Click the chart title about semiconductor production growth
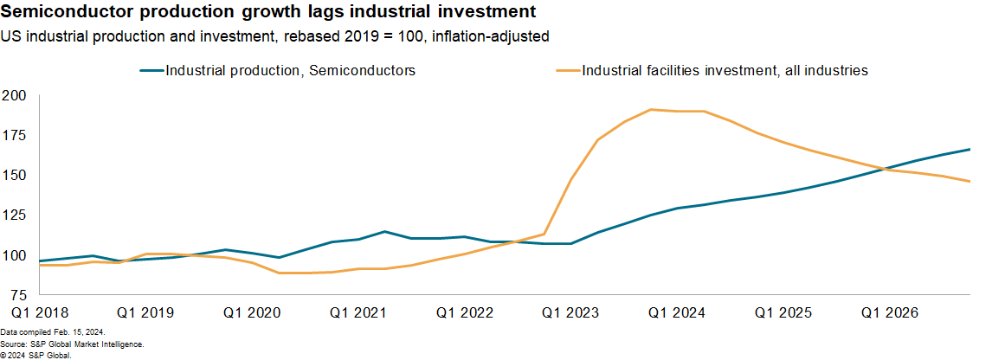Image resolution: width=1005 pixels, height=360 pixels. click(x=268, y=13)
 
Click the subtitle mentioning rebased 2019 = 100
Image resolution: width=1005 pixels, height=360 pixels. click(x=275, y=37)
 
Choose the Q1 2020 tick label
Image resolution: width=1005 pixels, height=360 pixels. click(x=251, y=312)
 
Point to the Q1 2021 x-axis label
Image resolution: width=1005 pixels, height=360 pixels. click(x=358, y=312)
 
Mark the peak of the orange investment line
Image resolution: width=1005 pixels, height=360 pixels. click(x=651, y=110)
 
